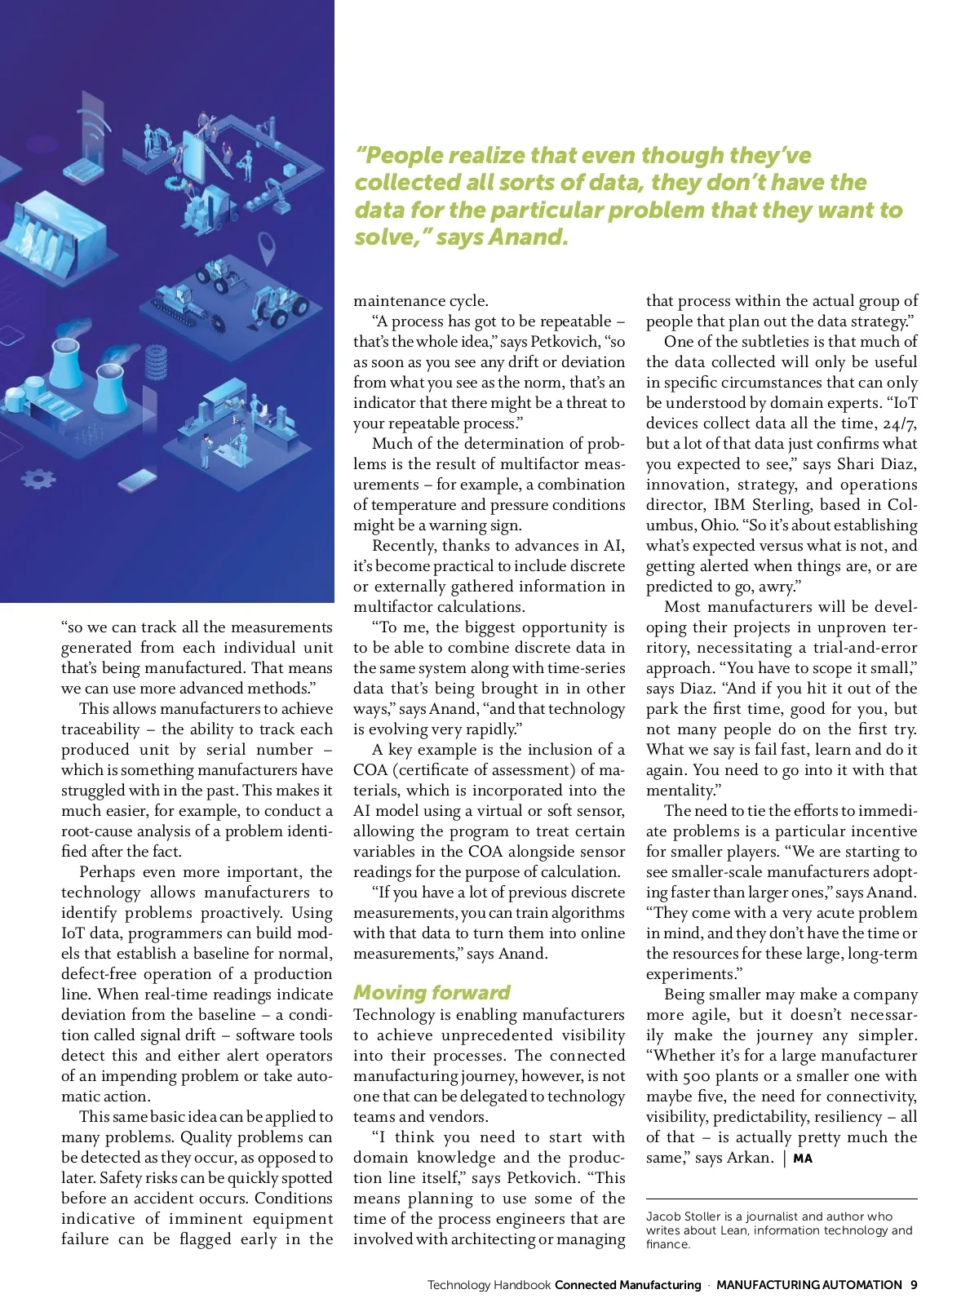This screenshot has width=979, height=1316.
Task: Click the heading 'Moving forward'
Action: (x=432, y=993)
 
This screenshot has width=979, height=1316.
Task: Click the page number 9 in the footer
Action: (x=914, y=1284)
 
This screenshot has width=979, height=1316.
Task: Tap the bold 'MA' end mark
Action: (x=803, y=1159)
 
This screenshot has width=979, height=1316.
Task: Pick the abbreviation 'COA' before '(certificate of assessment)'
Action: (x=370, y=770)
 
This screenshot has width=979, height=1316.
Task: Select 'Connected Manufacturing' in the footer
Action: (x=627, y=1285)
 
